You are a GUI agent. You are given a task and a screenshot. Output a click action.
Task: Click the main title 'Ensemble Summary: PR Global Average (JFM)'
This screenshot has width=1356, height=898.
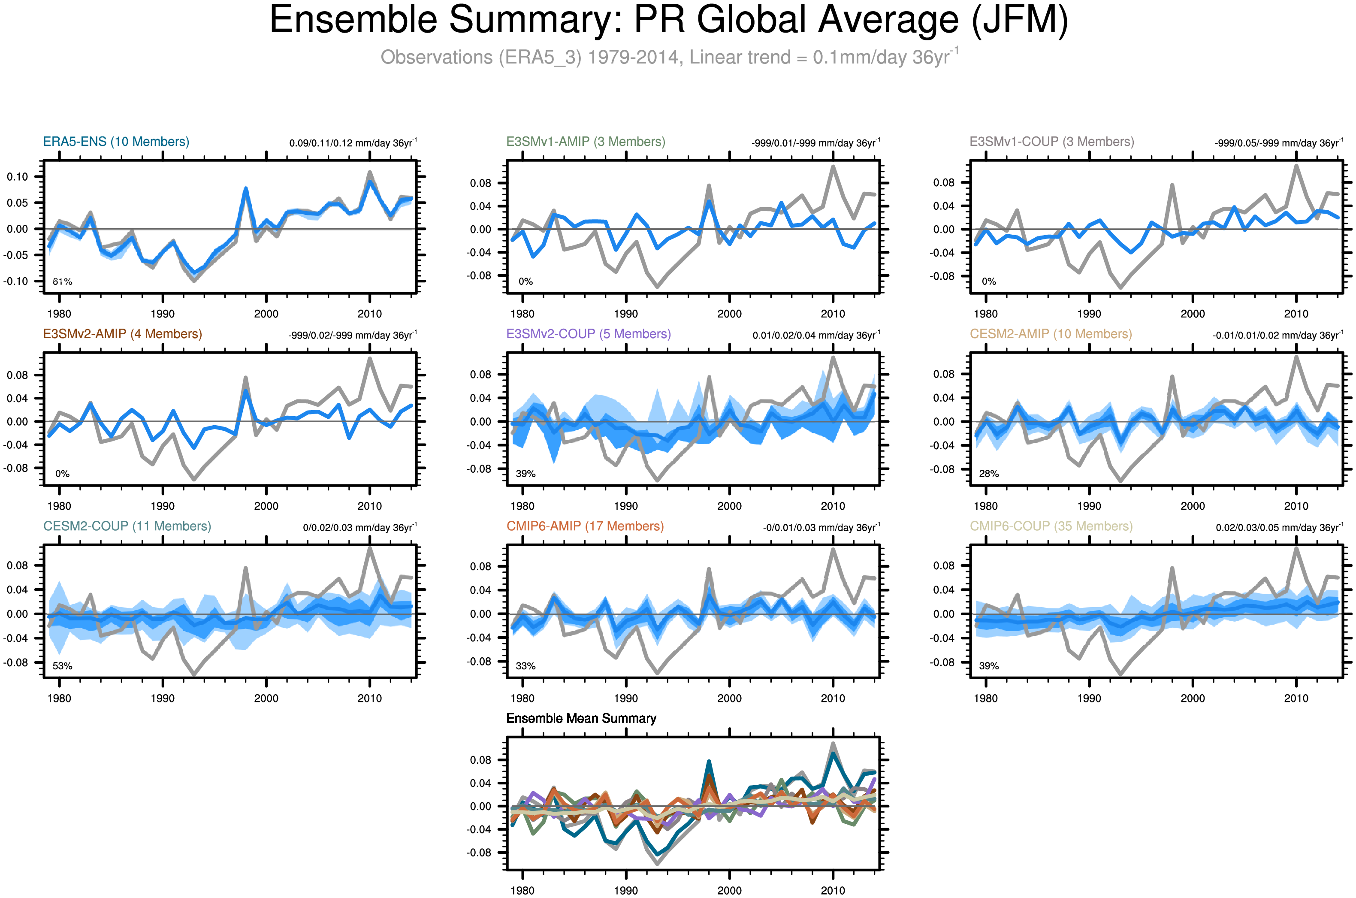tap(668, 20)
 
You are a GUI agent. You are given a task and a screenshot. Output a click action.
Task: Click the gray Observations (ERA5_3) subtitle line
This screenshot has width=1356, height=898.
tap(669, 57)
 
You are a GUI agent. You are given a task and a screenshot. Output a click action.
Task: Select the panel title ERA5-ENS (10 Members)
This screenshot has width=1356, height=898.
tap(116, 142)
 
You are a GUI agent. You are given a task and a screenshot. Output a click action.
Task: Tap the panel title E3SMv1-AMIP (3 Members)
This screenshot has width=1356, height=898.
tap(585, 142)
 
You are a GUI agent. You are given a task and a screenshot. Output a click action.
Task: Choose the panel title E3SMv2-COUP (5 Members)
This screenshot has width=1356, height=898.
tap(588, 334)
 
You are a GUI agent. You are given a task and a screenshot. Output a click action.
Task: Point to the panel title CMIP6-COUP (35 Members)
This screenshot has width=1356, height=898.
tap(1051, 526)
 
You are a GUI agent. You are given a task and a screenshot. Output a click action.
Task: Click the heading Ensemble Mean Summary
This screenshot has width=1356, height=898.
tap(581, 718)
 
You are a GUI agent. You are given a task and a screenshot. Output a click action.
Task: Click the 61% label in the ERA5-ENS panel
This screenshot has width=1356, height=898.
tap(63, 282)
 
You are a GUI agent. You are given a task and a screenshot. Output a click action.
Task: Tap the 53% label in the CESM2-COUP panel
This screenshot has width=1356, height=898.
tap(63, 666)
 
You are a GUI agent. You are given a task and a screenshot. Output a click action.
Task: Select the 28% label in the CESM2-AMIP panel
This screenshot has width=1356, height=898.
tap(989, 474)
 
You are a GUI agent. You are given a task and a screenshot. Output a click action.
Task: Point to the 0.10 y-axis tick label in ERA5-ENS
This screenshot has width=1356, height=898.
tap(17, 176)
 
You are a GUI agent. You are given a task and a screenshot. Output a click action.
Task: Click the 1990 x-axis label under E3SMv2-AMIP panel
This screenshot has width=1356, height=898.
tap(163, 506)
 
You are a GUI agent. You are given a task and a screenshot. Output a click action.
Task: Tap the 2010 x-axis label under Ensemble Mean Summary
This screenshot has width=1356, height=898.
tap(833, 891)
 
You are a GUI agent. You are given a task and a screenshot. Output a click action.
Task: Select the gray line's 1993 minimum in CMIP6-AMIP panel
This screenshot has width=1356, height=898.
tap(657, 672)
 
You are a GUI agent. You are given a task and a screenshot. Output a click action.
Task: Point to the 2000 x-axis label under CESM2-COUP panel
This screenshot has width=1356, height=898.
tap(266, 698)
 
